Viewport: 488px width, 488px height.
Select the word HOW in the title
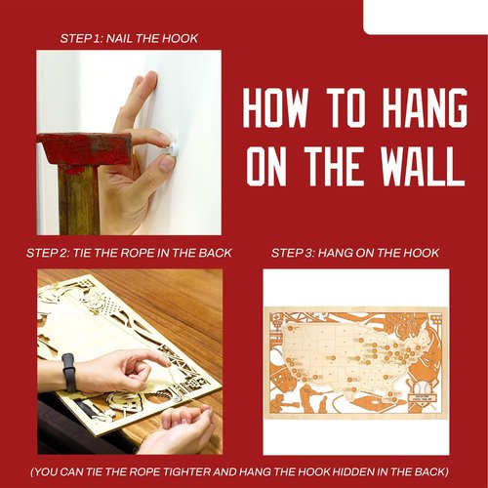(x=276, y=107)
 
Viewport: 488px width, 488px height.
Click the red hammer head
(x=84, y=148)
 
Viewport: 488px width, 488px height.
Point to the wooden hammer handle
(x=79, y=200)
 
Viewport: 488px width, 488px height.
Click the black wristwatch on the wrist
(x=68, y=373)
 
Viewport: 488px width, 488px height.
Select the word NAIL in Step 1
(x=119, y=38)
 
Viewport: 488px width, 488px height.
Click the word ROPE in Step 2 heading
(x=138, y=253)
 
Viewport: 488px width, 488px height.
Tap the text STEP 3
(x=292, y=253)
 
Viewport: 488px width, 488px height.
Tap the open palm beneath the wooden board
(x=183, y=427)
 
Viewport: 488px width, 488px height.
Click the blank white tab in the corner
(x=426, y=17)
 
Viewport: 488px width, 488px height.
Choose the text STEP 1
(x=81, y=38)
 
